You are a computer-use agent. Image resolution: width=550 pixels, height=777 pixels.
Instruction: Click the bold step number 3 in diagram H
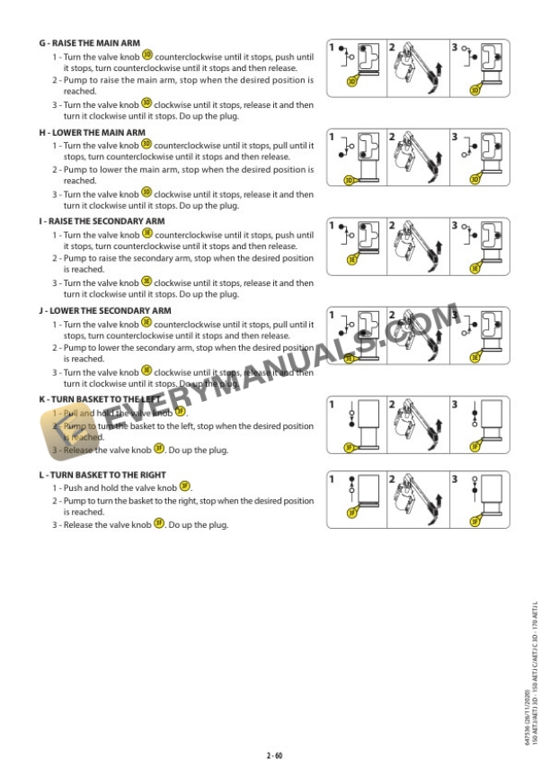click(454, 137)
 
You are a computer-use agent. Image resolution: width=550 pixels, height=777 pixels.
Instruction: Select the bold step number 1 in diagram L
click(333, 478)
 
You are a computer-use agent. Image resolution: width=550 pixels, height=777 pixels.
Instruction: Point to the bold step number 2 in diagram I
click(393, 226)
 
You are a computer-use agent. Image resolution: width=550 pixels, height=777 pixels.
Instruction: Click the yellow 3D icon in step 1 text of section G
click(146, 56)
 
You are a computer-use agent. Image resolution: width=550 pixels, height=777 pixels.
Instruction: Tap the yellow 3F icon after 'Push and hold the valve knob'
click(185, 486)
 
